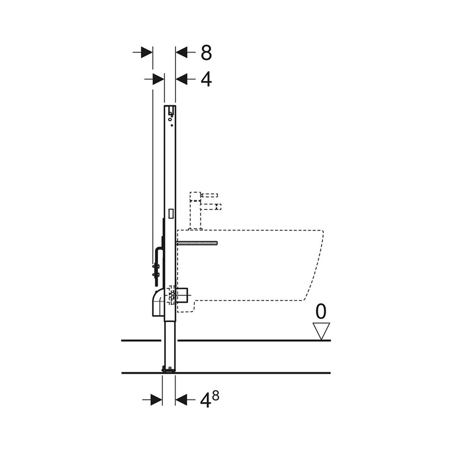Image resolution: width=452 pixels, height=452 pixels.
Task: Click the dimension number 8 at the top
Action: (206, 53)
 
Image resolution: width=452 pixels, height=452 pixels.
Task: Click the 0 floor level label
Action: (321, 311)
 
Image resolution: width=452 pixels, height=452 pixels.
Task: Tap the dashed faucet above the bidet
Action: (205, 205)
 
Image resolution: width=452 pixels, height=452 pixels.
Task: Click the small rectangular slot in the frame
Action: (170, 214)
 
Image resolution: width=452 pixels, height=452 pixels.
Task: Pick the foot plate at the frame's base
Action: (169, 368)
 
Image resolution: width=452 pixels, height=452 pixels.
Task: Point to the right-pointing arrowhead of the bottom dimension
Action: (156, 399)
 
